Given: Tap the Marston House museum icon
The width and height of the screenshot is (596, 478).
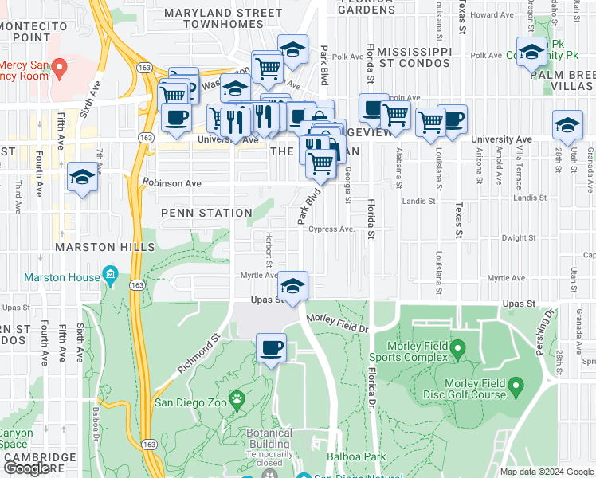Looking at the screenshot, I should [110, 276].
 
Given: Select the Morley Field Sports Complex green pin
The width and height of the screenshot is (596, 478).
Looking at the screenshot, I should [457, 348].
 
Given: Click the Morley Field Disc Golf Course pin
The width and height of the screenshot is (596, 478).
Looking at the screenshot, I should [516, 388].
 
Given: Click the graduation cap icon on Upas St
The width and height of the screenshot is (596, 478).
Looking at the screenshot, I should [293, 285].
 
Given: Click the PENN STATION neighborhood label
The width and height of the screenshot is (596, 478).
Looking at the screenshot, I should [206, 213].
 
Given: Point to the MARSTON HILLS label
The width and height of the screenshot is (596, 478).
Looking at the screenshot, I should [105, 248].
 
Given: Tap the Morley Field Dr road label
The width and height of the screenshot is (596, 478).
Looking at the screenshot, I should [338, 323].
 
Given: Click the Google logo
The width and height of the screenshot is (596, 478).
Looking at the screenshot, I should [26, 468].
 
